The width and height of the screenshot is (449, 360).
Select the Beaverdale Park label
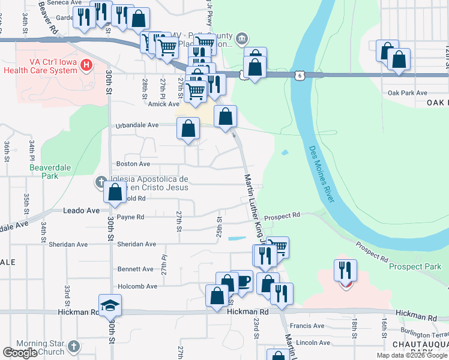point(44,172)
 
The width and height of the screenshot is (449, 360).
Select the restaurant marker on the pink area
point(346,271)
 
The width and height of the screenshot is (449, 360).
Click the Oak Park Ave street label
point(407,93)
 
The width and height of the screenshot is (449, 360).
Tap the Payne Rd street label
point(131,217)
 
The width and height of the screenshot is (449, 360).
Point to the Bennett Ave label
point(136,269)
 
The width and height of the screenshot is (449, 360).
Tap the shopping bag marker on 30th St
point(115,193)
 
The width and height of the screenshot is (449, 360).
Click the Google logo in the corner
point(20,353)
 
